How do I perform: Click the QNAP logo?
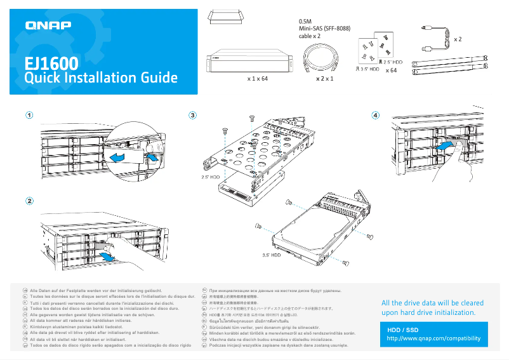(x=48, y=25)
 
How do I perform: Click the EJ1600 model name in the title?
(x=51, y=63)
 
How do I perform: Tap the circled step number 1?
(x=29, y=116)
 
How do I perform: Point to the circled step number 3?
(x=193, y=116)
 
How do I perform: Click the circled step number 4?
(x=376, y=116)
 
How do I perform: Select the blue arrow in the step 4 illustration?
(x=446, y=147)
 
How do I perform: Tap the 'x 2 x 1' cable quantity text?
(x=324, y=79)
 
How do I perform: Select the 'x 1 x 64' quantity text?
(x=257, y=79)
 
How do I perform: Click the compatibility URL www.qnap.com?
(x=433, y=338)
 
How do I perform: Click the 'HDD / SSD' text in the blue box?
(x=403, y=330)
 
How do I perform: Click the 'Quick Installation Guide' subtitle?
(x=100, y=78)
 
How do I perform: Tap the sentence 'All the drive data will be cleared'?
(x=432, y=303)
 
